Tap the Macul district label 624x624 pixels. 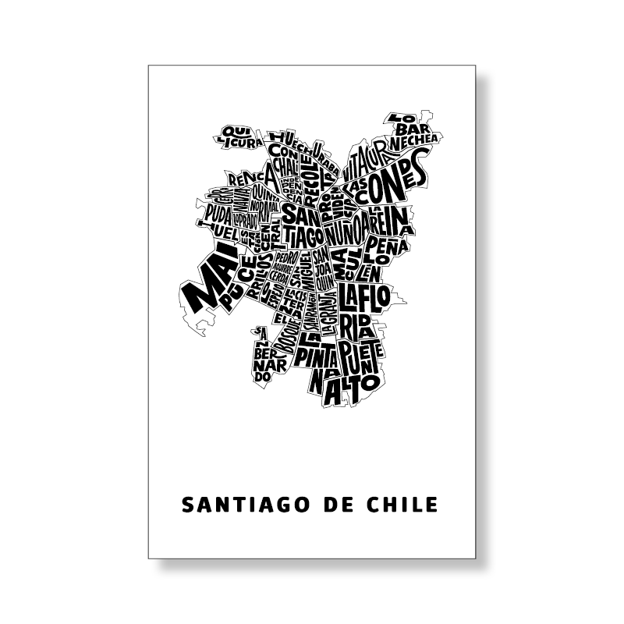point(344,265)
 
